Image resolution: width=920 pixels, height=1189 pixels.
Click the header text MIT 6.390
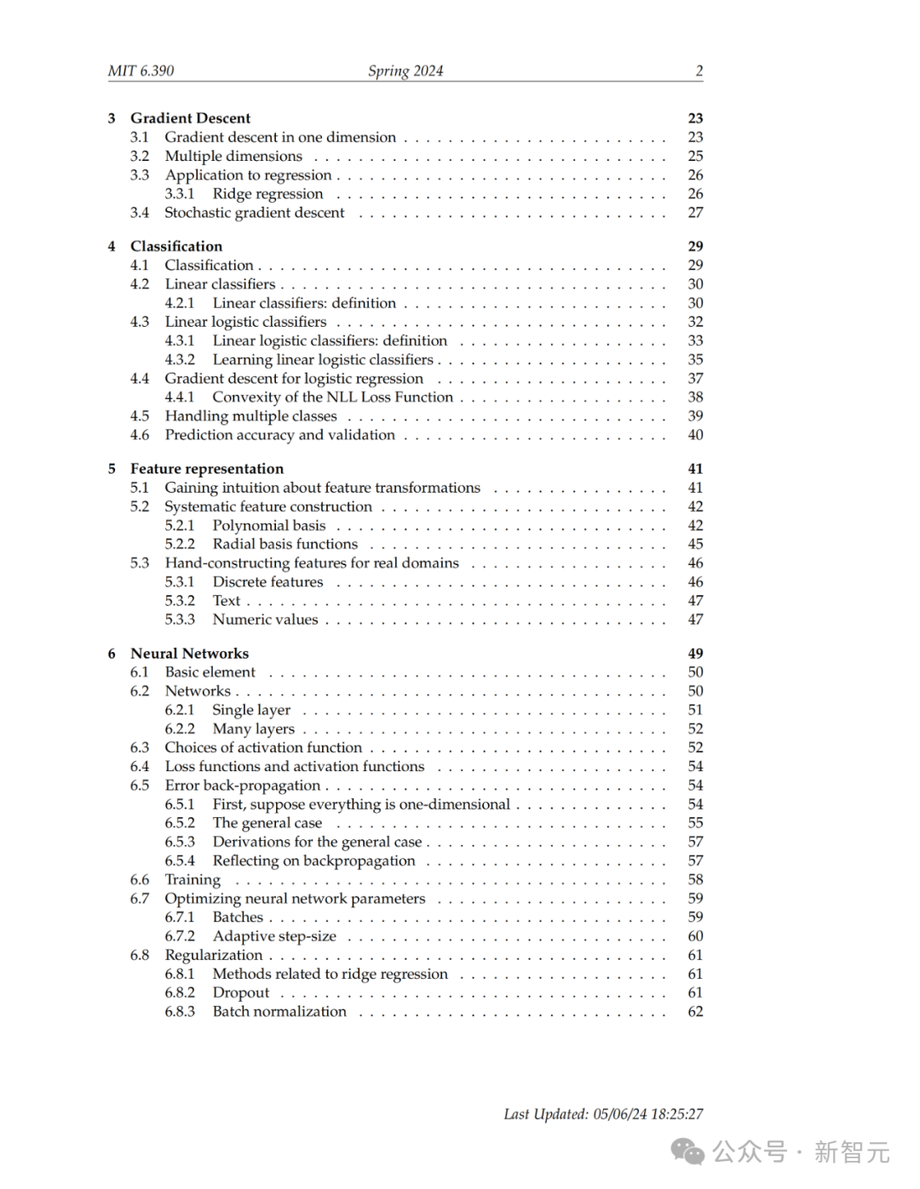[x=141, y=71]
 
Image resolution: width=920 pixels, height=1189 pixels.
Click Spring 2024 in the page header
[x=405, y=71]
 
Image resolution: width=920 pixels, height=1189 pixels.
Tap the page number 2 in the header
[x=699, y=71]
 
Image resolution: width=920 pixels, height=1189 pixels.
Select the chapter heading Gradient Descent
[x=190, y=118]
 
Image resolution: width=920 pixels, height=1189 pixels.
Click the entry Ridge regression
[x=267, y=194]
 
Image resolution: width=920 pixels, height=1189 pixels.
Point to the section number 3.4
[x=140, y=213]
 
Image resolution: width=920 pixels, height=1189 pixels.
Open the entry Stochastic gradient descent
[x=255, y=213]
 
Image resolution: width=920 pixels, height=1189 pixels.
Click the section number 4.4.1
[x=180, y=397]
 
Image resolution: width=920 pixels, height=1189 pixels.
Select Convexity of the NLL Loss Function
[x=332, y=397]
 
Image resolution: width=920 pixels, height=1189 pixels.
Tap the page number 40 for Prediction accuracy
[x=695, y=435]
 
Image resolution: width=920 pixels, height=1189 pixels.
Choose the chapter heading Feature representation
[x=207, y=469]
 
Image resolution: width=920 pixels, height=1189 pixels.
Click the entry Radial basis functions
[x=285, y=544]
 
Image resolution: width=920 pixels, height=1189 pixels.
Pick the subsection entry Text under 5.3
[x=227, y=601]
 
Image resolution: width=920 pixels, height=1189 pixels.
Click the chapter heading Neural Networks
[x=189, y=654]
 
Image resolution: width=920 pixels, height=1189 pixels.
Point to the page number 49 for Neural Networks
[x=695, y=654]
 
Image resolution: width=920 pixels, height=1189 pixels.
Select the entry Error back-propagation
[x=243, y=786]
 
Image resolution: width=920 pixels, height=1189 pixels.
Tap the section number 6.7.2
[x=180, y=936]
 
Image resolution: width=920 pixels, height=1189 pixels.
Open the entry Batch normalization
[x=279, y=1012]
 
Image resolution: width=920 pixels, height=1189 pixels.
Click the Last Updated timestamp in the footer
[x=603, y=1114]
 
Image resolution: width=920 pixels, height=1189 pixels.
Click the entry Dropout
[x=241, y=993]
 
